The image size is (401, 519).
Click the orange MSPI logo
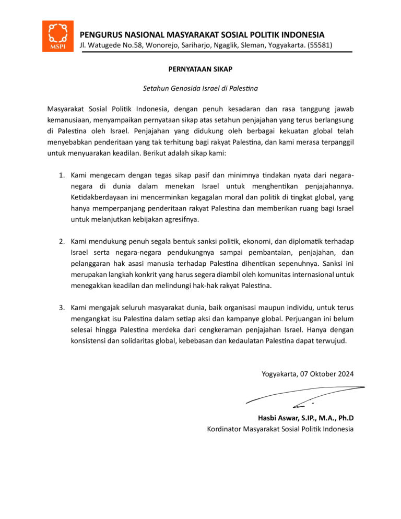(58, 36)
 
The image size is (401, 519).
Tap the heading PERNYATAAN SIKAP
(200, 69)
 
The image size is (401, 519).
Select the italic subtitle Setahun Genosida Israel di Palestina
(200, 88)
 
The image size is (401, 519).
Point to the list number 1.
(61, 174)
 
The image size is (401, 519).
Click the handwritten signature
(305, 395)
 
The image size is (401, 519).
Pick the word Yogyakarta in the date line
(279, 373)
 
